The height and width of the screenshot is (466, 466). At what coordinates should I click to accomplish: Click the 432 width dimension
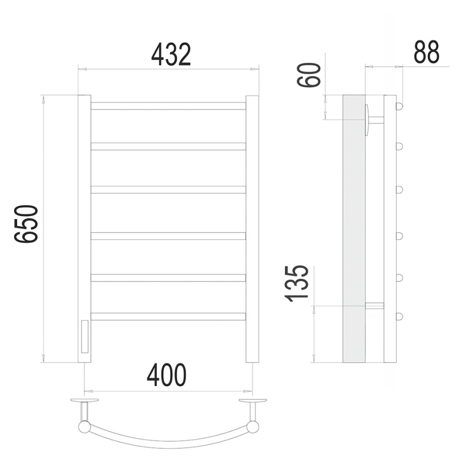[x=171, y=55]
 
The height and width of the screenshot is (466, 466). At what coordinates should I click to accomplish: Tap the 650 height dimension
[x=26, y=224]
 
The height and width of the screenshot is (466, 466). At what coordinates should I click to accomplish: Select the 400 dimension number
[x=167, y=375]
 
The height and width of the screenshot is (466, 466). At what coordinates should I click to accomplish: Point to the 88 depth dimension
[x=426, y=52]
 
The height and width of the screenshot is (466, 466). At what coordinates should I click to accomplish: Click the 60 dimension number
[x=309, y=75]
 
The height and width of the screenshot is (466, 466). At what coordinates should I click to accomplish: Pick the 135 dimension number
[x=296, y=284]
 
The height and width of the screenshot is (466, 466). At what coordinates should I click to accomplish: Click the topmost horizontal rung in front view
[x=168, y=106]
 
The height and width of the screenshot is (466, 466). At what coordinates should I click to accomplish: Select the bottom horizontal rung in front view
[x=168, y=316]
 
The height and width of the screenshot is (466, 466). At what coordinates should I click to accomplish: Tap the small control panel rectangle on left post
[x=84, y=336]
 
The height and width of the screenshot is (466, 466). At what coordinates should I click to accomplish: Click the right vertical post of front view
[x=252, y=229]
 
